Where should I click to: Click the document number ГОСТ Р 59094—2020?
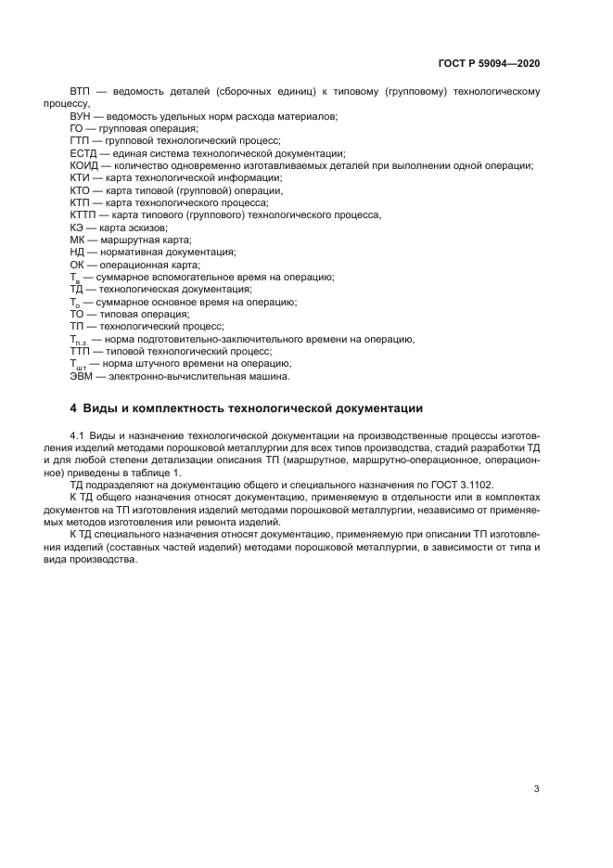click(x=489, y=64)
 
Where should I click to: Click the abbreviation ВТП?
click(x=81, y=93)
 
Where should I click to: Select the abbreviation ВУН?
click(x=81, y=115)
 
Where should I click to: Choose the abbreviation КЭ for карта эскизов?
click(x=77, y=227)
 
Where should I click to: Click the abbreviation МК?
click(x=78, y=240)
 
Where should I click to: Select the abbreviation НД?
click(x=78, y=252)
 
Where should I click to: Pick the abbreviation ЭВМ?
click(x=82, y=376)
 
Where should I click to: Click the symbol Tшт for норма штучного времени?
click(x=78, y=365)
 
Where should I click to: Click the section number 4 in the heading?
click(x=73, y=408)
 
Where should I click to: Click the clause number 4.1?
click(x=79, y=435)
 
